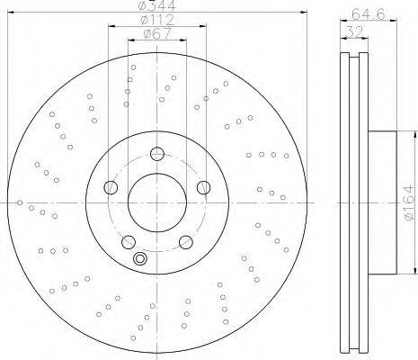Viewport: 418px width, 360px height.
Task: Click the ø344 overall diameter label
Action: coord(157,5)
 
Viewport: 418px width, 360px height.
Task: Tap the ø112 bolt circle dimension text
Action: coord(157,20)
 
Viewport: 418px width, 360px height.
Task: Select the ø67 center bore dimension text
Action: coord(157,33)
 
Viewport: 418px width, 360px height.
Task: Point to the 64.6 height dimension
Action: coord(369,14)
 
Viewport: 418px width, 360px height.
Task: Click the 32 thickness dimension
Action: coord(354,31)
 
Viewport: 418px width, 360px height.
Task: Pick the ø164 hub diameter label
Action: coord(408,202)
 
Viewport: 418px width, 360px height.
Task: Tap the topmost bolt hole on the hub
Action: coord(157,154)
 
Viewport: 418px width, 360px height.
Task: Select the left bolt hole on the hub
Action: coord(111,187)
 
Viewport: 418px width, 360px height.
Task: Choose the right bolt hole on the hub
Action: coord(204,187)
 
